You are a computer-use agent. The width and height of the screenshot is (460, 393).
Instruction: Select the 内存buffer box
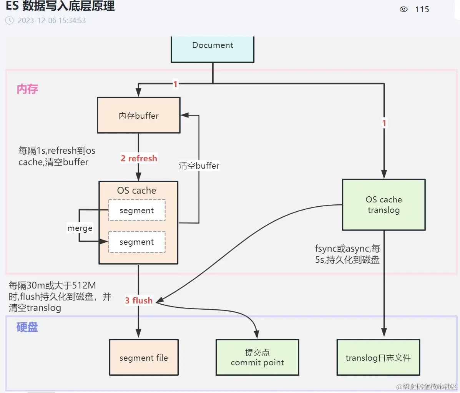(138, 115)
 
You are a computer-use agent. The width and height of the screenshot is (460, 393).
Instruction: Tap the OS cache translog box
(384, 205)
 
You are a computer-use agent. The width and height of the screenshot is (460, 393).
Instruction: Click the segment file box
(144, 357)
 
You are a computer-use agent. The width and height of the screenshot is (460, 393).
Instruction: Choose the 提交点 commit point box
(257, 357)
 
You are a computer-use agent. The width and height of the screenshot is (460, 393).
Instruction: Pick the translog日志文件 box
(378, 357)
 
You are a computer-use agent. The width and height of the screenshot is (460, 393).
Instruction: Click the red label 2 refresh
(139, 158)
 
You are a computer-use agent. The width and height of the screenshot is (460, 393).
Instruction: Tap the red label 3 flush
(139, 300)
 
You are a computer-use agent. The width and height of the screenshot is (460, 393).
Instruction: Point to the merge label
(80, 228)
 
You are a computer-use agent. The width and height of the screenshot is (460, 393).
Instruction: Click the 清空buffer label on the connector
(199, 166)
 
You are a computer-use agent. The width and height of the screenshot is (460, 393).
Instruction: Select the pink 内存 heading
(27, 89)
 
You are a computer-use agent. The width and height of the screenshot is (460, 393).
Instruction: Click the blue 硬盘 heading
(27, 327)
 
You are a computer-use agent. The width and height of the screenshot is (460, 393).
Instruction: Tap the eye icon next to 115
(404, 9)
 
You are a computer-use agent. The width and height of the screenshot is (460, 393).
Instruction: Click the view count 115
(422, 10)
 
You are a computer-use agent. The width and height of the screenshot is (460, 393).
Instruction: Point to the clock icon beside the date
(10, 20)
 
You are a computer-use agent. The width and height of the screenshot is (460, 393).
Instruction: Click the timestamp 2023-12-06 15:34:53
(52, 20)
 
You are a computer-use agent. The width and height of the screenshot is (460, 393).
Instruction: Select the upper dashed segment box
(137, 210)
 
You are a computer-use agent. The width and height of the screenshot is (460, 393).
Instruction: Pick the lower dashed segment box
(137, 242)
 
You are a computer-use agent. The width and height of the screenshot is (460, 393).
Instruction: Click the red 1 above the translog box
(384, 123)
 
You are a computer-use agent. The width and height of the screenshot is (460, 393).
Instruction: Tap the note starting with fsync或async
(347, 254)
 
